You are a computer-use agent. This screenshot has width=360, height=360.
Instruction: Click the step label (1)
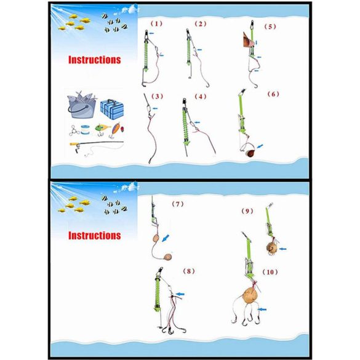pos(156,23)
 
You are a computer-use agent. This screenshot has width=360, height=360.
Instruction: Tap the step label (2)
pos(201,24)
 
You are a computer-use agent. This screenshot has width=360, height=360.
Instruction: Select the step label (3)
pos(157,97)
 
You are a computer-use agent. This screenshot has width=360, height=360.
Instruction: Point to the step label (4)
pos(201,97)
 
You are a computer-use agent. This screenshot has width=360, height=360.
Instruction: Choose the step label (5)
pos(270,26)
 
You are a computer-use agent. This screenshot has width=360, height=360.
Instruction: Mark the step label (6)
pos(273,94)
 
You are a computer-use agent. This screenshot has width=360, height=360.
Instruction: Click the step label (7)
pos(178,204)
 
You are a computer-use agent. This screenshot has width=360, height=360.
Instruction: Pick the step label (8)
pos(189,271)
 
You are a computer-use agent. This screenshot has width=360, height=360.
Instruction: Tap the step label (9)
pos(247,211)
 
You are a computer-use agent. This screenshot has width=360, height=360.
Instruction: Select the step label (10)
pos(270,272)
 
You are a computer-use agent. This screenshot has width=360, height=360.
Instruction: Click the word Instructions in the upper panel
pos(95,60)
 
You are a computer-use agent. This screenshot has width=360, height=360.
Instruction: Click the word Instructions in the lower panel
pos(95,236)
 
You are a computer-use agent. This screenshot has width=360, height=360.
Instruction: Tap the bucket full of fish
pos(82,105)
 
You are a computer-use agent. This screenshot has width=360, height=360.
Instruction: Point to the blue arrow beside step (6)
pos(260,146)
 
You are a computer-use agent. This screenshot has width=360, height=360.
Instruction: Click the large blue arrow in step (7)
pos(166,238)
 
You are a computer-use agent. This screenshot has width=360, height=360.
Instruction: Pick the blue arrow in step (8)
pos(180,294)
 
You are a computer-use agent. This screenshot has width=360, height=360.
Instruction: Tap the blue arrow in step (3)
pos(155,108)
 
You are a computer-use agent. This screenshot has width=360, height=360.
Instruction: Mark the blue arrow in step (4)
pos(197,122)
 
